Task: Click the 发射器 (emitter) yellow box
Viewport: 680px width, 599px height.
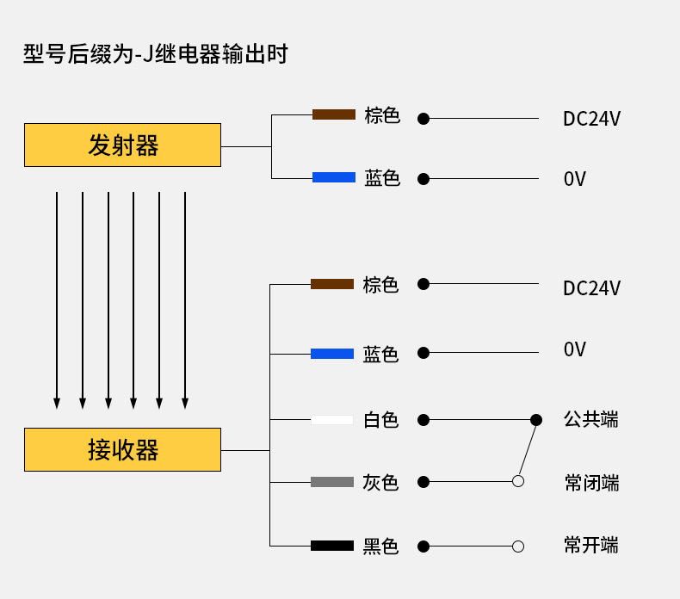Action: coord(122,145)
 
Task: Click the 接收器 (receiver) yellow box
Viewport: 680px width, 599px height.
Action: coord(122,449)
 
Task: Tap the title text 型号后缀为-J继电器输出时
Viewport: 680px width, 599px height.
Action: coord(155,54)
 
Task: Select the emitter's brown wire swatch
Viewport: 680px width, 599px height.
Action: coord(333,114)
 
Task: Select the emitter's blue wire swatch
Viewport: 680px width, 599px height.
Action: coord(333,177)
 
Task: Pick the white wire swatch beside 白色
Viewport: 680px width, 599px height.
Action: coord(332,420)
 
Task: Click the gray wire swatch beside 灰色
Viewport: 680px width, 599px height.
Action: coord(332,482)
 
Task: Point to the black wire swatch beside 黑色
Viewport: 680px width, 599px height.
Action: coord(332,546)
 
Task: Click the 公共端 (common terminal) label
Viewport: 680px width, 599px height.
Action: coord(591,420)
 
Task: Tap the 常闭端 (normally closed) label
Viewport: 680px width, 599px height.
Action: coord(591,483)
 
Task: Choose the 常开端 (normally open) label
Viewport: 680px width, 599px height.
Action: coord(591,546)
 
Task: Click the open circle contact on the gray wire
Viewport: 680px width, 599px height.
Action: coord(518,481)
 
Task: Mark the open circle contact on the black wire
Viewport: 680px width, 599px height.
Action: coord(518,546)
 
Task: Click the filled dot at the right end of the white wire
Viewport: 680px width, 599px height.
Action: coord(536,420)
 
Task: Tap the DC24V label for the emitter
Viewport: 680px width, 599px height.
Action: coord(591,119)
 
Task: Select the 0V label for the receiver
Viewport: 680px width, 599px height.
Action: coord(574,349)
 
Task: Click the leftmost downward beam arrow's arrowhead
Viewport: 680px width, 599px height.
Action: coord(57,403)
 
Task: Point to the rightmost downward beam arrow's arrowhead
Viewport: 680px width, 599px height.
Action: coord(185,403)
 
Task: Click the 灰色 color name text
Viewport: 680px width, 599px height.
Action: coord(380,483)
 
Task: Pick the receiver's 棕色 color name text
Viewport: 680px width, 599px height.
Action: coord(380,285)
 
